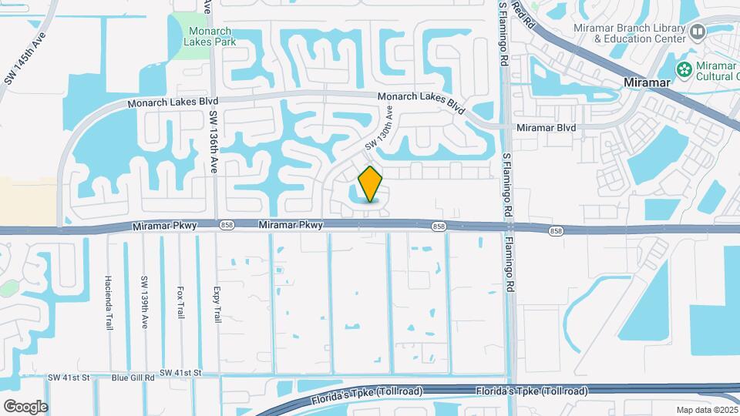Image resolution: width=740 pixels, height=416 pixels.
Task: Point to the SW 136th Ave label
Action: (x=214, y=143)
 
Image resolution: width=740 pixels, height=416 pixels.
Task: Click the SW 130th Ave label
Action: (x=379, y=127)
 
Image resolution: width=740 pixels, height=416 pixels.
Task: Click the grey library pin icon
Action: (x=698, y=32)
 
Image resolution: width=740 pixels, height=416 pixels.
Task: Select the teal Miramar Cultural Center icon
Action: (x=684, y=69)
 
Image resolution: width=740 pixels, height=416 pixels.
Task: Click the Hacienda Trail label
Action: (x=109, y=302)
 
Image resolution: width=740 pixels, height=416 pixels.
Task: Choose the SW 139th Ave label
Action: (x=144, y=302)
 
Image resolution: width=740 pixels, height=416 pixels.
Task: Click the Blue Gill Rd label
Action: (x=133, y=378)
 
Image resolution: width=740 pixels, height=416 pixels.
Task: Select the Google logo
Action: (x=25, y=406)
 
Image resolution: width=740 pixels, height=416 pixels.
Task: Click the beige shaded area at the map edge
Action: (x=28, y=200)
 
